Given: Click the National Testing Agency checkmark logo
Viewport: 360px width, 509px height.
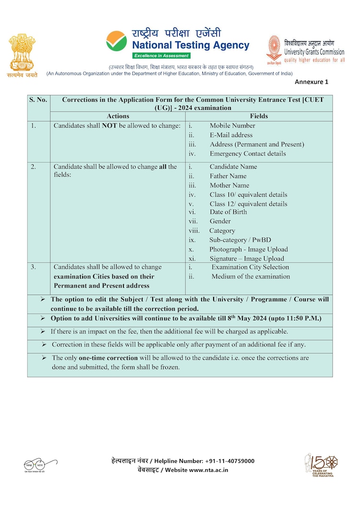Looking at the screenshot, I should tap(116, 41).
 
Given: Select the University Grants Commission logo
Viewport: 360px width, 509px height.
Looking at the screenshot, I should tap(274, 50).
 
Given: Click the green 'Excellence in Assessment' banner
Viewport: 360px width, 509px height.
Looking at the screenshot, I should tap(161, 56).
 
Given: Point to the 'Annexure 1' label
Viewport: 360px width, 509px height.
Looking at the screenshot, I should tap(312, 82).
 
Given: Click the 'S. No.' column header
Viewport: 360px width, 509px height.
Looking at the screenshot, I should tap(38, 100).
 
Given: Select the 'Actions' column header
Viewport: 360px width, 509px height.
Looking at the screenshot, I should tap(118, 116).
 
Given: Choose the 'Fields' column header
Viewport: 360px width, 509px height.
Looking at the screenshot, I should tap(259, 116).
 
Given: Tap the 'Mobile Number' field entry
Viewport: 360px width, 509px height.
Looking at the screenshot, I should tap(232, 126).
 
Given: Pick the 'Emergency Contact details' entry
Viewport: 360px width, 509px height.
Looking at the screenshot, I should tap(248, 154).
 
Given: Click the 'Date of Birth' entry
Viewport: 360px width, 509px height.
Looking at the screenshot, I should tap(228, 212).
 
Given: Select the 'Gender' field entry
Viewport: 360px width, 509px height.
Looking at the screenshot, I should tap(220, 221).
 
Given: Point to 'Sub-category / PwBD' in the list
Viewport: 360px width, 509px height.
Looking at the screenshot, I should tap(240, 240).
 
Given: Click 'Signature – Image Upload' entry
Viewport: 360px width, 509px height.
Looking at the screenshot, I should tap(246, 259).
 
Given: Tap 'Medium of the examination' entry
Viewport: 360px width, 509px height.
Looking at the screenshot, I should tap(251, 276).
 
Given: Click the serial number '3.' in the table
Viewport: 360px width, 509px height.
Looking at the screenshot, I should tap(33, 267).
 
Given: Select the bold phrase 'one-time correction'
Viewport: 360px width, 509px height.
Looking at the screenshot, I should tap(108, 358).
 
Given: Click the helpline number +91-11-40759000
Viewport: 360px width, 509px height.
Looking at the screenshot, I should tap(229, 461).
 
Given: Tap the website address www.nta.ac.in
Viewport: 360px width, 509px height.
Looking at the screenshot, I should tap(208, 470).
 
